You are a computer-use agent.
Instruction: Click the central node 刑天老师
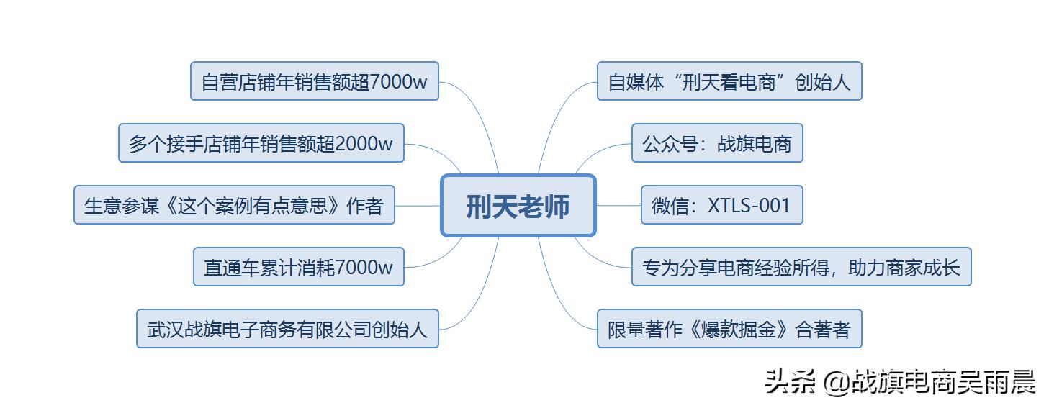pyautogui.click(x=518, y=206)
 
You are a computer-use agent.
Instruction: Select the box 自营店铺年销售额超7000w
pyautogui.click(x=314, y=81)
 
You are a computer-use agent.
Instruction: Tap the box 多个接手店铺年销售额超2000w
pyautogui.click(x=261, y=143)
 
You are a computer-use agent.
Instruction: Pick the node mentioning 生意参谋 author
pyautogui.click(x=234, y=206)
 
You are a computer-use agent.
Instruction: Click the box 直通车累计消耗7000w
pyautogui.click(x=298, y=268)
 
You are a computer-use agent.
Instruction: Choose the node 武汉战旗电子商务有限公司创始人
pyautogui.click(x=287, y=330)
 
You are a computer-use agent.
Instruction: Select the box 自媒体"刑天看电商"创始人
pyautogui.click(x=729, y=81)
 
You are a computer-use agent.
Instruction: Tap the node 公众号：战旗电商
pyautogui.click(x=716, y=143)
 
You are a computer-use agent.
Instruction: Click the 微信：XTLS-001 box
pyautogui.click(x=721, y=206)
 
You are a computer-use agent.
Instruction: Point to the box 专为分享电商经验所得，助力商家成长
pyautogui.click(x=801, y=268)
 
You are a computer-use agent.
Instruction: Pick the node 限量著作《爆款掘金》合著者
pyautogui.click(x=729, y=330)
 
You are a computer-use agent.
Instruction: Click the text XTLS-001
pyautogui.click(x=749, y=206)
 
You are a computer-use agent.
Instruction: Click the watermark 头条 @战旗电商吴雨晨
pyautogui.click(x=899, y=381)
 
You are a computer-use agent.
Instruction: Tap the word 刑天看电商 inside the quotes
pyautogui.click(x=729, y=81)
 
